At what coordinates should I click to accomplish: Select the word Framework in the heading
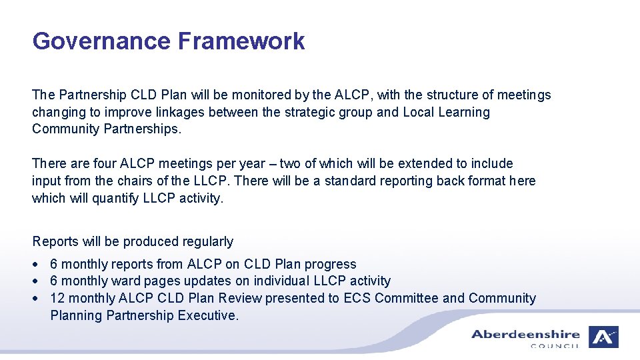pyautogui.click(x=241, y=41)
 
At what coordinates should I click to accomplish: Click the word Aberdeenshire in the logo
pyautogui.click(x=525, y=335)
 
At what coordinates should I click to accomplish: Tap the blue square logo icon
pyautogui.click(x=603, y=337)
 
